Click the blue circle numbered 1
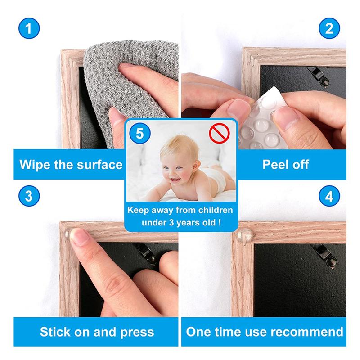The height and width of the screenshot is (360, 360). [x=29, y=28]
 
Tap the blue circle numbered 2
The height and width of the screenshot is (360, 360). [x=329, y=28]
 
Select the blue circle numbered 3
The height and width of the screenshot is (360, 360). [x=29, y=196]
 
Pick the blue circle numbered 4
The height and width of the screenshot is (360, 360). [x=329, y=196]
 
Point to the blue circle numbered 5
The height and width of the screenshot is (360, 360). [x=140, y=133]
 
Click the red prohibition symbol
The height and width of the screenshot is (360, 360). [x=219, y=133]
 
